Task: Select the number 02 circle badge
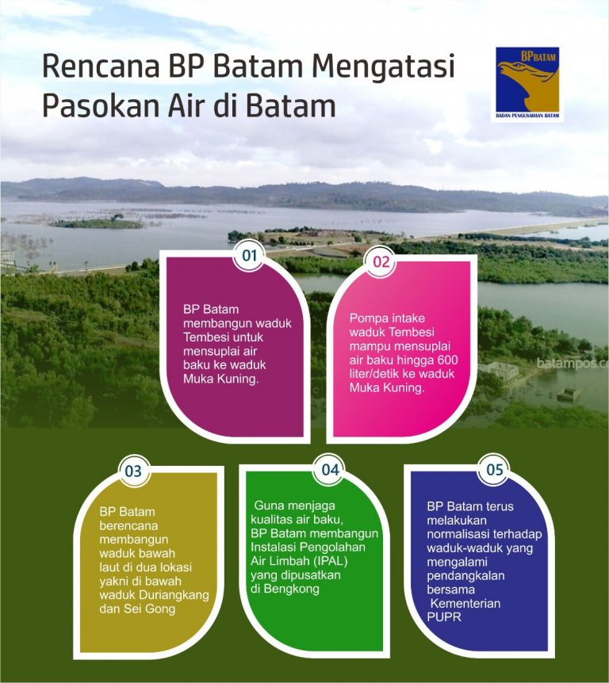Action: pos(381,262)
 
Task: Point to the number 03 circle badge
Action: pos(133,471)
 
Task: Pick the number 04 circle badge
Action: pos(330,469)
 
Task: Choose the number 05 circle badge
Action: pos(495,470)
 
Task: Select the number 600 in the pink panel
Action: pos(446,361)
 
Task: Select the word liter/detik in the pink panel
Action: pos(377,375)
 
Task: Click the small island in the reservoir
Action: pos(97,223)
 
